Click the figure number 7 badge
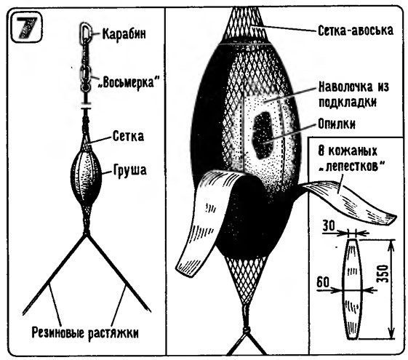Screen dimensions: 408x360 pyautogui.click(x=26, y=29)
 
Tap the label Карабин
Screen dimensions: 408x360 pyautogui.click(x=124, y=33)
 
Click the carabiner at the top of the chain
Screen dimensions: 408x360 pyautogui.click(x=86, y=32)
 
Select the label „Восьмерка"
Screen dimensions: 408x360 pyautogui.click(x=128, y=82)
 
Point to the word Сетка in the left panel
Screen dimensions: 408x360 pyautogui.click(x=128, y=136)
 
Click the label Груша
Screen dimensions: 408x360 pyautogui.click(x=130, y=171)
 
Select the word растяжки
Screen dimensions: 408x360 pyautogui.click(x=113, y=334)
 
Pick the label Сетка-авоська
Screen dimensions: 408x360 pyautogui.click(x=356, y=31)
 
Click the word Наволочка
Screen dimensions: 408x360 pyautogui.click(x=345, y=87)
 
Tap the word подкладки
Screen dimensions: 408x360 pyautogui.click(x=348, y=102)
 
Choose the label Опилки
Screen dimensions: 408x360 pyautogui.click(x=337, y=124)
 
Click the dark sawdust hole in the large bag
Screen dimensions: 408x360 pyautogui.click(x=263, y=135)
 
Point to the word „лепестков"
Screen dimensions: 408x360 pyautogui.click(x=352, y=166)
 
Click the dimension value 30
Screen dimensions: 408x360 pyautogui.click(x=329, y=225)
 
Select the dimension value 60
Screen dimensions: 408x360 pyautogui.click(x=323, y=282)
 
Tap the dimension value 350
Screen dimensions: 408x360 pyautogui.click(x=383, y=274)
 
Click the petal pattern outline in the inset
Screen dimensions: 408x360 pyautogui.click(x=352, y=289)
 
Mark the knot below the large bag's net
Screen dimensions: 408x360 pyautogui.click(x=246, y=330)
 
